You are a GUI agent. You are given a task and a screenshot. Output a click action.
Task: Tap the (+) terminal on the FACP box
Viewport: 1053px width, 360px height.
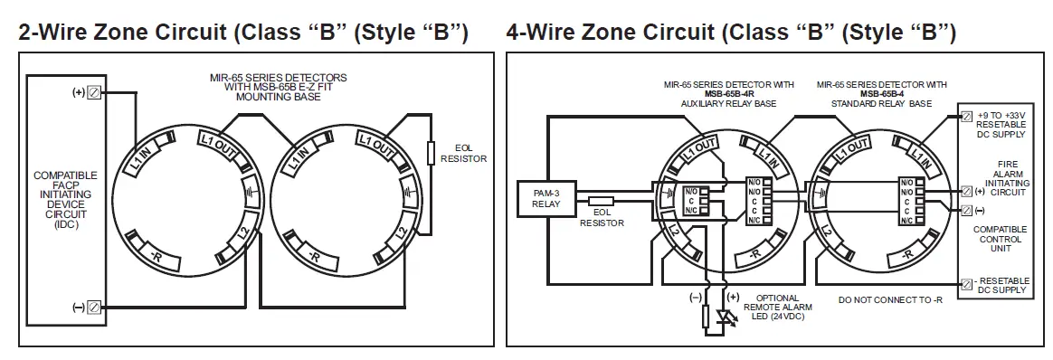coord(93,93)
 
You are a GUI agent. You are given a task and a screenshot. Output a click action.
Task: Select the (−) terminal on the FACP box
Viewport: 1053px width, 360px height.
coord(93,308)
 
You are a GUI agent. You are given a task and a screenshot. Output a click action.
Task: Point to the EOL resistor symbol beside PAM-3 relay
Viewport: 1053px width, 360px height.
coord(601,202)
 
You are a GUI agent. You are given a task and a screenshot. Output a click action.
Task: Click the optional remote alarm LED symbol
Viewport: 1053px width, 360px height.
coord(724,317)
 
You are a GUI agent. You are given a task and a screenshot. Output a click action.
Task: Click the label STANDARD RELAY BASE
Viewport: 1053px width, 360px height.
coord(883,104)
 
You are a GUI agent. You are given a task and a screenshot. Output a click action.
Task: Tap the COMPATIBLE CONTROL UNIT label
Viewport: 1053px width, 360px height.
coord(1000,239)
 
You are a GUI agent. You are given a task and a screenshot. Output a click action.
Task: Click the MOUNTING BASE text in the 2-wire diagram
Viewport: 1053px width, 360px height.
coord(277,96)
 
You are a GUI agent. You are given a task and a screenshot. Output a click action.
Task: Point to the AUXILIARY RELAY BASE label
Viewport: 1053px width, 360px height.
coord(727,104)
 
